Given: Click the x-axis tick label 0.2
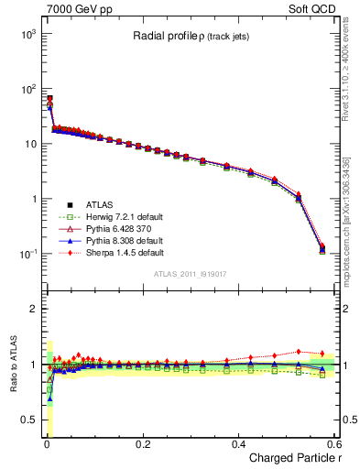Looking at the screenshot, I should [x=142, y=443].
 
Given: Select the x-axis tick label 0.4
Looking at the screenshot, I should [x=238, y=443].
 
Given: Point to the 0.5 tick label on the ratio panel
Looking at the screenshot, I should [x=27, y=420].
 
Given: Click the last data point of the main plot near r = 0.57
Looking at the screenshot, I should [x=322, y=248].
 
